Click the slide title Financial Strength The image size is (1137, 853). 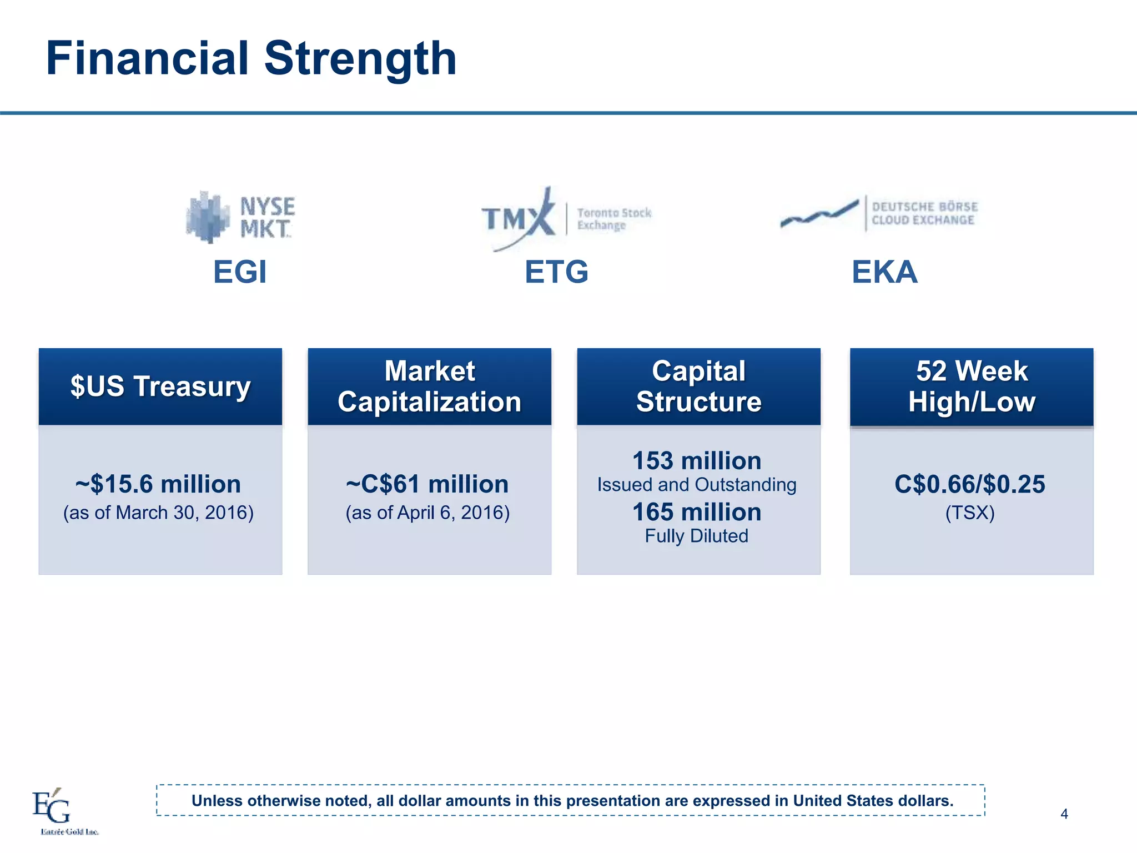[251, 58]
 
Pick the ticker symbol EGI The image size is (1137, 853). [240, 272]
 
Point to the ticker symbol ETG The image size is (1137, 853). [556, 272]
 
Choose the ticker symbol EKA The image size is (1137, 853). [884, 272]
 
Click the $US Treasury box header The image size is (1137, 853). [160, 387]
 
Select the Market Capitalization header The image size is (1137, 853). [429, 387]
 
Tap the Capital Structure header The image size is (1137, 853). [698, 387]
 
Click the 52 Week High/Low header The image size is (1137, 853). [972, 387]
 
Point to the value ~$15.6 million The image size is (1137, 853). [158, 484]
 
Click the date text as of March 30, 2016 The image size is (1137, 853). [158, 513]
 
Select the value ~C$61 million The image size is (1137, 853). [427, 484]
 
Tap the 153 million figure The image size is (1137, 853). [697, 461]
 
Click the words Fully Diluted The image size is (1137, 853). [697, 536]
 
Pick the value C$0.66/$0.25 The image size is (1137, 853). [970, 484]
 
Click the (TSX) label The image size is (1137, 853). [970, 513]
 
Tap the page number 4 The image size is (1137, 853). [1064, 814]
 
